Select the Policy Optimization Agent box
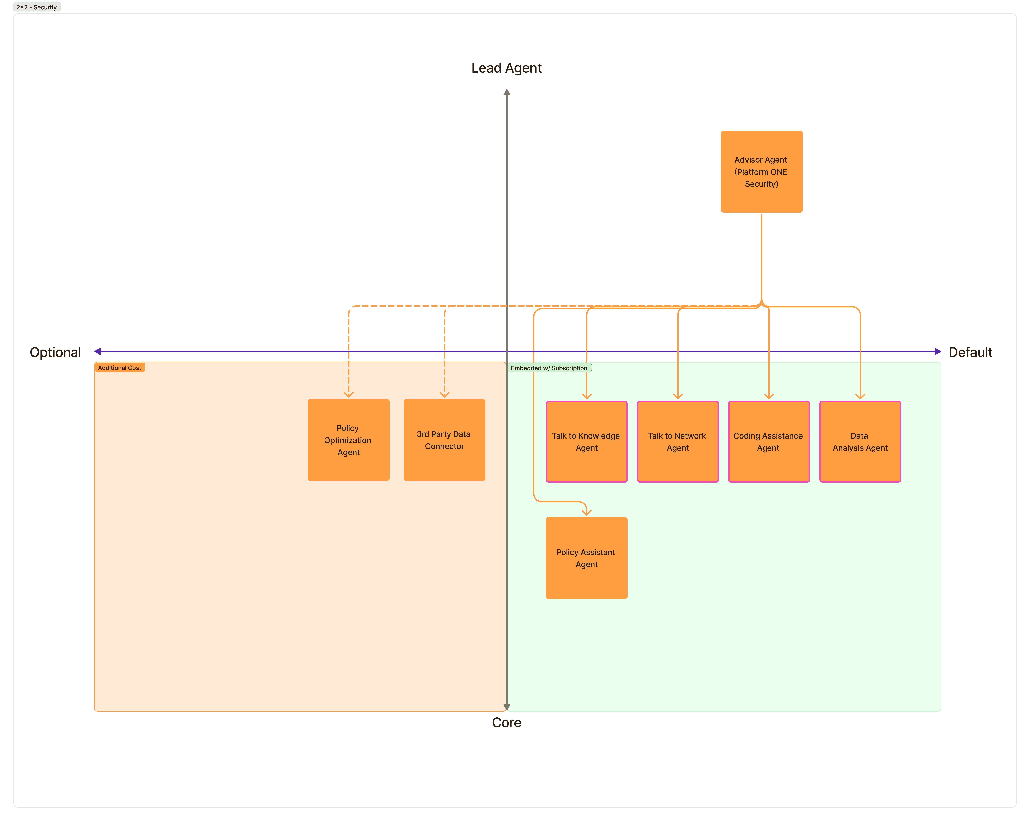coord(348,440)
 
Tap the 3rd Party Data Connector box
coord(444,440)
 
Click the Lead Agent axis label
coord(506,68)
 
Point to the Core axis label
coord(506,722)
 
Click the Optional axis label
coord(55,352)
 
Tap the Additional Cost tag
coord(119,368)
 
